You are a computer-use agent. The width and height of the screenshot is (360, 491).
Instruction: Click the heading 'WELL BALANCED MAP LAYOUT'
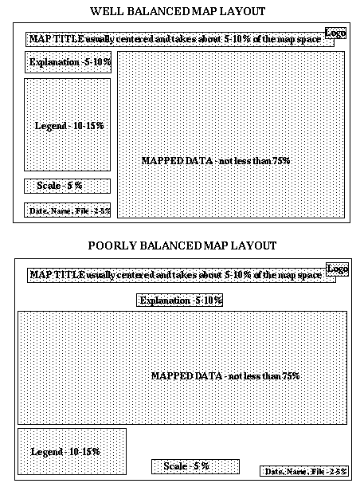178,11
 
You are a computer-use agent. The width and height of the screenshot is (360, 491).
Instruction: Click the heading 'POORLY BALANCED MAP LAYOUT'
182,245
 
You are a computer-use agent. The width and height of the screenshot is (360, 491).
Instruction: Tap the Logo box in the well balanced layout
335,33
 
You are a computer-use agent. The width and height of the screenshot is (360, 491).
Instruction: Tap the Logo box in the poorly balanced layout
337,269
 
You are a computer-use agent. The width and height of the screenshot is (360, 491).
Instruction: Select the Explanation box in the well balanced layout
68,62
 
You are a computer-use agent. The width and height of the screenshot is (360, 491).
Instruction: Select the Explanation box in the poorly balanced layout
179,300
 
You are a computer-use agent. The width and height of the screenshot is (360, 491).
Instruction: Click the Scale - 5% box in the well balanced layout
67,186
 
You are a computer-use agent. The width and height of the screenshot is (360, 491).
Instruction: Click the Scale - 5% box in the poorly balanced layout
195,466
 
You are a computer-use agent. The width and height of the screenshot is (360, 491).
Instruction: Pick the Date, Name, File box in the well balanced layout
67,210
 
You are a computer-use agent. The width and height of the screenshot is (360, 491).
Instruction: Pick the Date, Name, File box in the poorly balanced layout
304,471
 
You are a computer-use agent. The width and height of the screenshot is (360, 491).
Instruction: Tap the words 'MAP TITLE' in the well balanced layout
57,39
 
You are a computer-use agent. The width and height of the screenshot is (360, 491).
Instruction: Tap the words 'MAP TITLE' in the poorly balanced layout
57,275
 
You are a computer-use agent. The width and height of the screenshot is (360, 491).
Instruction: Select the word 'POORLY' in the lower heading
112,245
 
